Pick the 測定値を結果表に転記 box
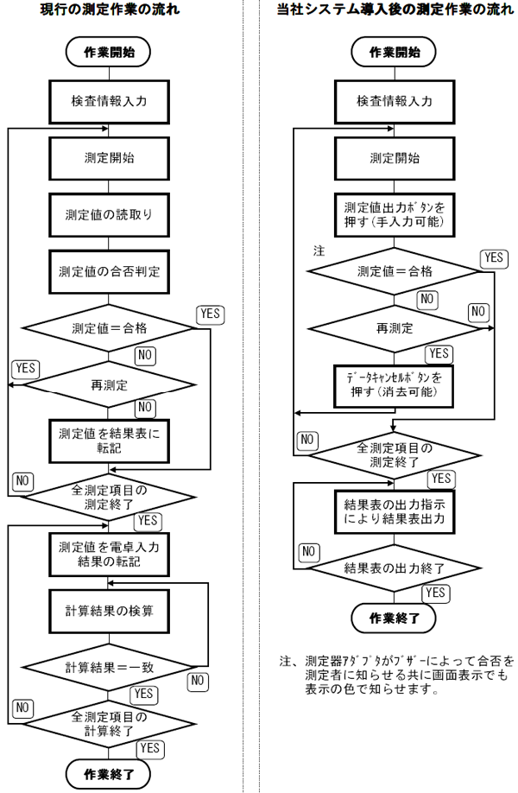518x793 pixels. point(109,439)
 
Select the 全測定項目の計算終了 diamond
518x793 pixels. point(109,722)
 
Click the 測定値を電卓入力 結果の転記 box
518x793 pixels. point(109,554)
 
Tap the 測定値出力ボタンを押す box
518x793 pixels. point(395,214)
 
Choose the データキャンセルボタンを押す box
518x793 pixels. point(395,384)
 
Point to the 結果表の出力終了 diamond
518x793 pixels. point(395,568)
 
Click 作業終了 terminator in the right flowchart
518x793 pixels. point(395,619)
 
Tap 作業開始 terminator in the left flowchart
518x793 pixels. point(109,52)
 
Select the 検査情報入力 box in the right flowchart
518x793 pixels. point(395,101)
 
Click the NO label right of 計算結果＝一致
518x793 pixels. point(198,680)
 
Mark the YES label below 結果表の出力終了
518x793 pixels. point(435,592)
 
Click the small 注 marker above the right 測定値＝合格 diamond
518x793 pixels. point(318,251)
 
